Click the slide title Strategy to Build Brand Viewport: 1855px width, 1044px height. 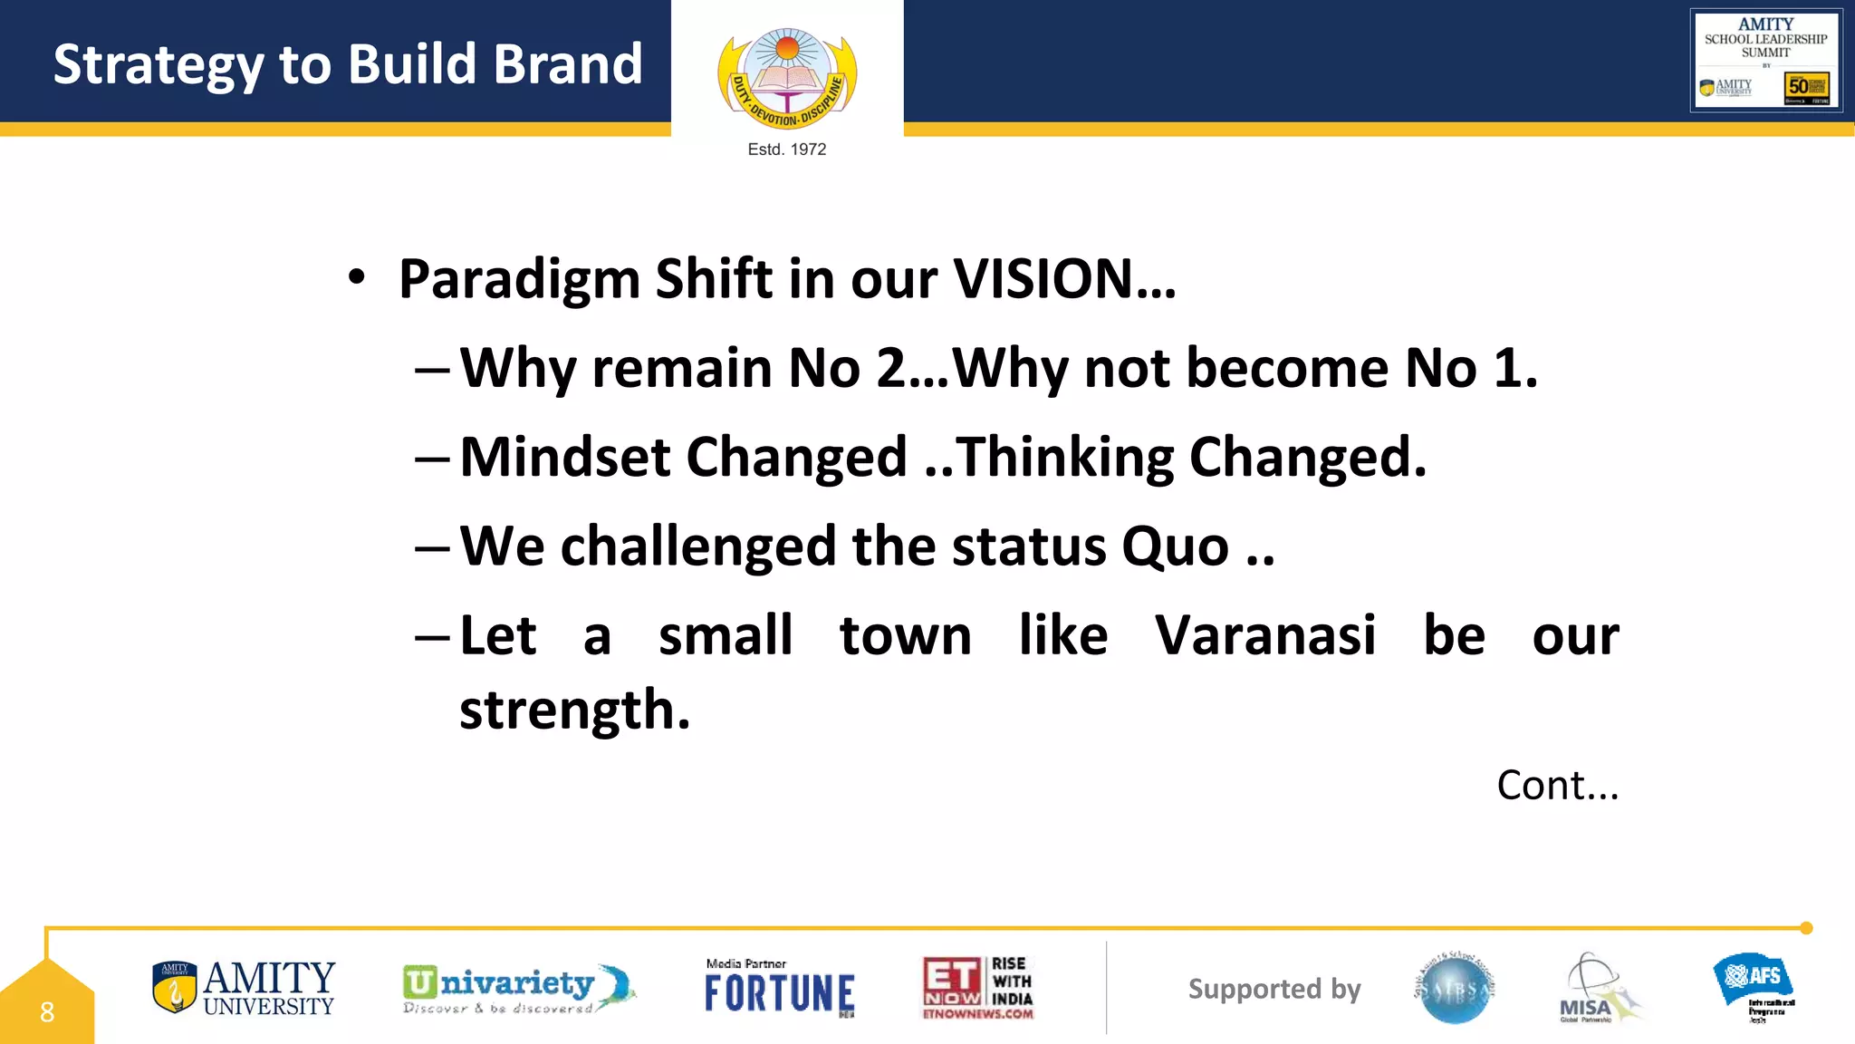(348, 64)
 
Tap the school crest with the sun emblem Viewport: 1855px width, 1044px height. (786, 78)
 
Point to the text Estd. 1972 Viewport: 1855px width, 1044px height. (786, 150)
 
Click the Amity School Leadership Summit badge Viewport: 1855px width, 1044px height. (1765, 60)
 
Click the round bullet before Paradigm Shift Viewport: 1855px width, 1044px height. (357, 278)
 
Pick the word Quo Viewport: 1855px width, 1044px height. (1175, 546)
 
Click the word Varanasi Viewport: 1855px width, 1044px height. (1265, 635)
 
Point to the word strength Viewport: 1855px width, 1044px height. (574, 710)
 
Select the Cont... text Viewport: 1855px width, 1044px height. (1557, 785)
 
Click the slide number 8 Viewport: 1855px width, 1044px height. (47, 1011)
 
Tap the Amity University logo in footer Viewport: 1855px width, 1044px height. (244, 988)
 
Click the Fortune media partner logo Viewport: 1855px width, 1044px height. (779, 989)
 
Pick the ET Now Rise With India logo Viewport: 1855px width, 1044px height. (978, 988)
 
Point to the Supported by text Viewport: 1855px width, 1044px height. (1274, 989)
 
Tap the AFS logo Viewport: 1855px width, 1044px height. (1754, 986)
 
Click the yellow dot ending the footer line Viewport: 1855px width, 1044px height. (1806, 928)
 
